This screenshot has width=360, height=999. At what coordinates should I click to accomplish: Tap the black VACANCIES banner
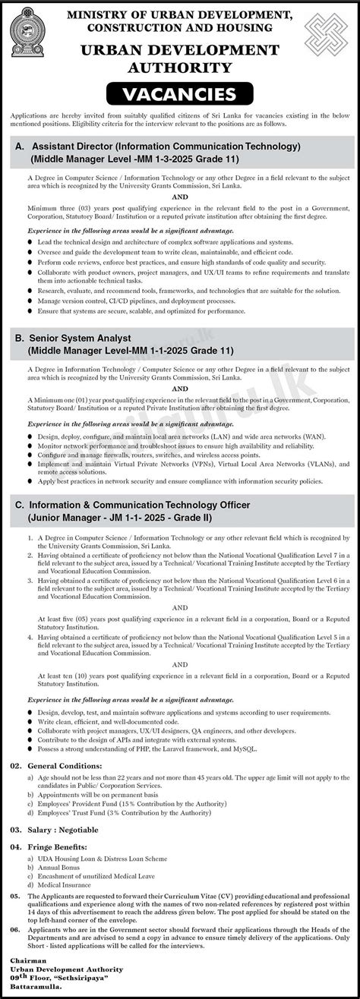180,95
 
